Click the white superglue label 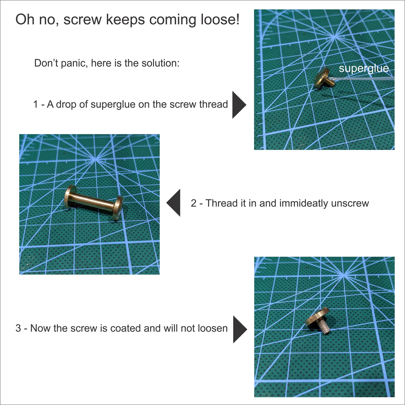(x=364, y=69)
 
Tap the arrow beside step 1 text (x=239, y=105)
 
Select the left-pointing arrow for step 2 (x=174, y=203)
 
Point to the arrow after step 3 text (x=240, y=329)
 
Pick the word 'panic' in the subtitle (x=74, y=63)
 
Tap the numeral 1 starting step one (x=36, y=104)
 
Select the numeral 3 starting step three (x=18, y=328)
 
